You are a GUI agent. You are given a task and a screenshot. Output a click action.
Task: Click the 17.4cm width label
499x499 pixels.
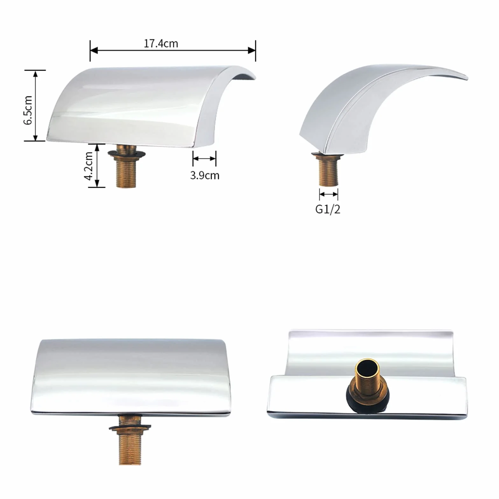[x=161, y=44]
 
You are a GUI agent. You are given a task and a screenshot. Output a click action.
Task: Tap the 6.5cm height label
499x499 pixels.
[x=28, y=110]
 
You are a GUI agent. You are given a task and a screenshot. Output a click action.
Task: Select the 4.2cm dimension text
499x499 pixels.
[x=88, y=166]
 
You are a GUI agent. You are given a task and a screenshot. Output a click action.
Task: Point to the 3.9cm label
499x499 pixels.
[x=205, y=175]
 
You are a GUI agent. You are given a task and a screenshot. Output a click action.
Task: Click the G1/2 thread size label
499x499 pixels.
[x=328, y=209]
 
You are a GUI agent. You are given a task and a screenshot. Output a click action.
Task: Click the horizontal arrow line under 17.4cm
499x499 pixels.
[x=173, y=50]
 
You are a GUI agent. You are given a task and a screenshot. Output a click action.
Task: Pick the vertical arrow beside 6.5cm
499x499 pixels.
[x=35, y=105]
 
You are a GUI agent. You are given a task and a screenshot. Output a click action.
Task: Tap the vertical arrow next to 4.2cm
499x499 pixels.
[x=97, y=165]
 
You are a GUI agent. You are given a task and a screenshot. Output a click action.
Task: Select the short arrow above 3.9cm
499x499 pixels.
[x=204, y=158]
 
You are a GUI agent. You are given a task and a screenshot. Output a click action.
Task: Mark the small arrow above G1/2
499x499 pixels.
[x=329, y=194]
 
